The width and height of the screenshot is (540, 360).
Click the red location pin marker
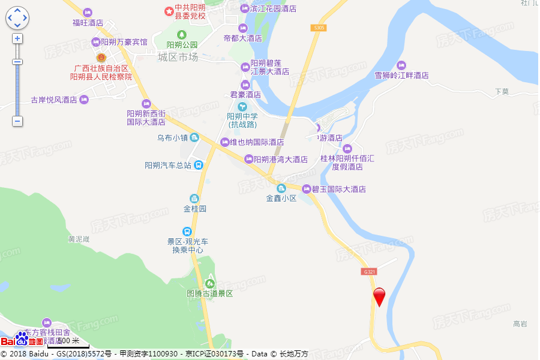point(379,296)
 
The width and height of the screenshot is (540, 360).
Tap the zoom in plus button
point(17,39)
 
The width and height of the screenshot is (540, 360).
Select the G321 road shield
point(369,272)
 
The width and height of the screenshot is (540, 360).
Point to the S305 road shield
point(320,28)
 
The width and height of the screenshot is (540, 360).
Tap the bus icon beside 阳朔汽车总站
point(198,165)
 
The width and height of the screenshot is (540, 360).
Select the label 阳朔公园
point(182,45)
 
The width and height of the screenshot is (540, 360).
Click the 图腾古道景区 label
point(209,293)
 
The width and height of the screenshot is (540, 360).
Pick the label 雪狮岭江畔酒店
point(401,75)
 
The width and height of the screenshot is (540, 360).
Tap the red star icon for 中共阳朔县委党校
point(169,11)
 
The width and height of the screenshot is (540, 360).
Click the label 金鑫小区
point(281,198)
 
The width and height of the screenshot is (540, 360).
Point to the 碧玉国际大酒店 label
point(338,189)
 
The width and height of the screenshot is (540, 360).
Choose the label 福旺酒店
point(88,23)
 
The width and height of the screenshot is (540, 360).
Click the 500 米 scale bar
point(68,343)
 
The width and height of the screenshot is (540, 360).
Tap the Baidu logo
point(22,340)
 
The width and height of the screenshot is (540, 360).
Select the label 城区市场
point(178,58)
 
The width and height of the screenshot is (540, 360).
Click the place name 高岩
point(520,324)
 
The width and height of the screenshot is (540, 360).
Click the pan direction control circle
point(17,18)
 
